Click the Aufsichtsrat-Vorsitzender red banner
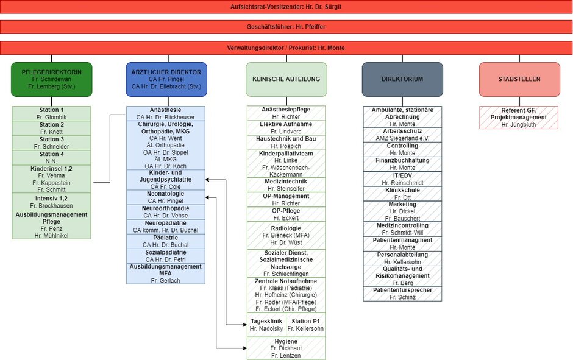(286, 7)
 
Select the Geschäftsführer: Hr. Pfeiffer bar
(286, 27)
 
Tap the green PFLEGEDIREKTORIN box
(52, 79)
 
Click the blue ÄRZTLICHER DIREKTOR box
(166, 79)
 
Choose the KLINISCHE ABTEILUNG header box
(286, 79)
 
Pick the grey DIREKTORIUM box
(402, 79)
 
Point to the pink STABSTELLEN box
(519, 79)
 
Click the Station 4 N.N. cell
(52, 158)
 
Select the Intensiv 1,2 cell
(52, 202)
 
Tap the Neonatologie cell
(166, 197)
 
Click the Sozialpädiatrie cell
(166, 256)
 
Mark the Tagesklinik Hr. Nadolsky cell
(266, 325)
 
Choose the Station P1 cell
(305, 325)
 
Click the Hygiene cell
(286, 348)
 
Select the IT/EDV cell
(402, 179)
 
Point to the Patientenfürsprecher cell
(402, 294)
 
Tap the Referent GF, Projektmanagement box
(519, 118)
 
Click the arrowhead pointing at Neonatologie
(208, 197)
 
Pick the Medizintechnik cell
(286, 185)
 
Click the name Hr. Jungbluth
(519, 125)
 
